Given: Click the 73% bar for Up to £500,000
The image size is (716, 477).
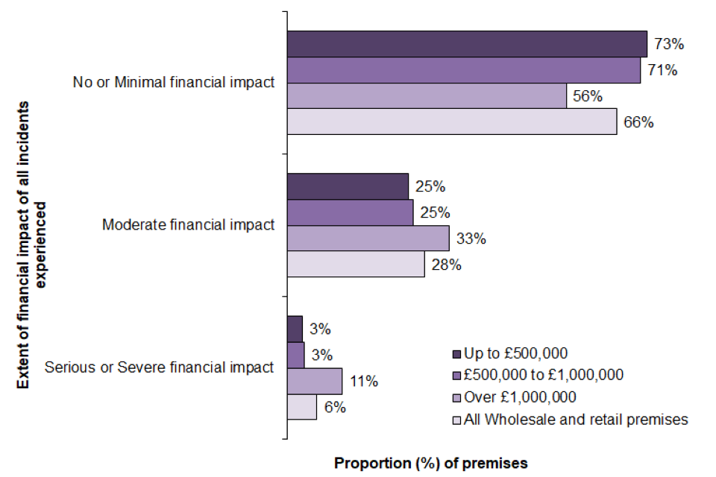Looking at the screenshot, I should point(466,44).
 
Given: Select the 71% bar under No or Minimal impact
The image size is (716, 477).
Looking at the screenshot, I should point(462,70).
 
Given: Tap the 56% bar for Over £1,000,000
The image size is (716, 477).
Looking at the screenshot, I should point(426,96).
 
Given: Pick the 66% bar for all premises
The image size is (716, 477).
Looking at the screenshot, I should point(451,122).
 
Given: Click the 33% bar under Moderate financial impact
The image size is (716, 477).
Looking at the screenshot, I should point(368,238).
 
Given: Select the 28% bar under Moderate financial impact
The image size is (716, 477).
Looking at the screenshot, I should point(356,265).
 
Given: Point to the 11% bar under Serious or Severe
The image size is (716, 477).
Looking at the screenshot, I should point(314,381).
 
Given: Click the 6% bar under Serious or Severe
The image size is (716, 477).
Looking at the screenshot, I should point(301,407).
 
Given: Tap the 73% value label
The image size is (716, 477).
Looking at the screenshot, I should point(669,44).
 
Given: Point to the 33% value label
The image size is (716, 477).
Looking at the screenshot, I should point(471,239).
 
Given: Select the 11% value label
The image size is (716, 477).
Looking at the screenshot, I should point(363,382).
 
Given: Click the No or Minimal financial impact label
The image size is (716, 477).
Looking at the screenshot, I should point(174,83).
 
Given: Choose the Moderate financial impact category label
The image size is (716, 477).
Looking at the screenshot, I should point(188,224).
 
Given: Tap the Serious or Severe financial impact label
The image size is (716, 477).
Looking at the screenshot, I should point(160,367).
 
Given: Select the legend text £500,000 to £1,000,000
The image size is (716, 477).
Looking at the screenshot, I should point(543,374).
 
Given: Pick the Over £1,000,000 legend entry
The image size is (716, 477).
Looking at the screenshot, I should point(520,397).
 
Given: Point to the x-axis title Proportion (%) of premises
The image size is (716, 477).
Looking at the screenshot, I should point(431,463).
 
